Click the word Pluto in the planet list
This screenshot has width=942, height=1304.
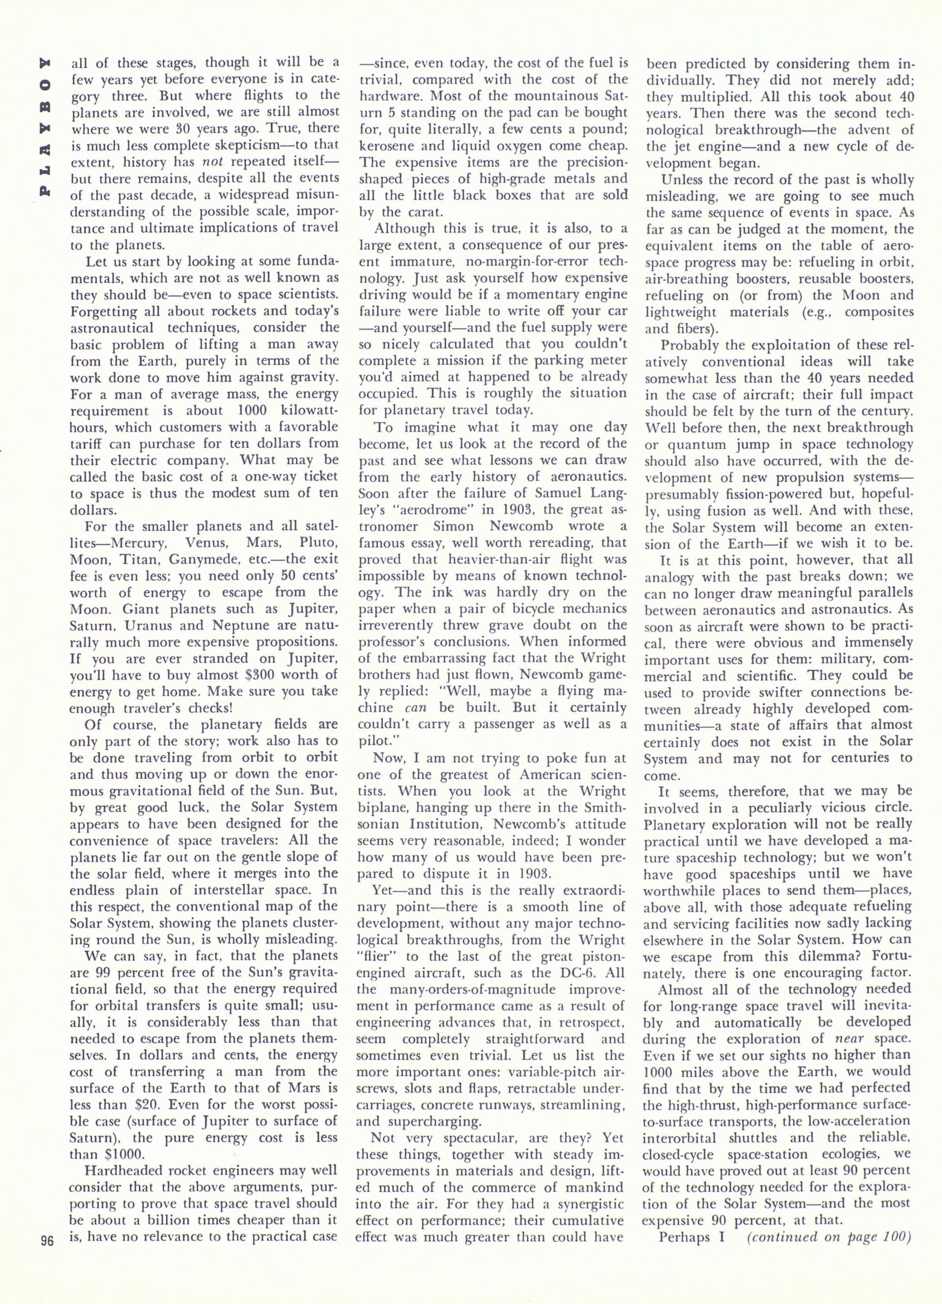point(318,542)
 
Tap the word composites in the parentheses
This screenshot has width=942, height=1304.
point(878,312)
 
